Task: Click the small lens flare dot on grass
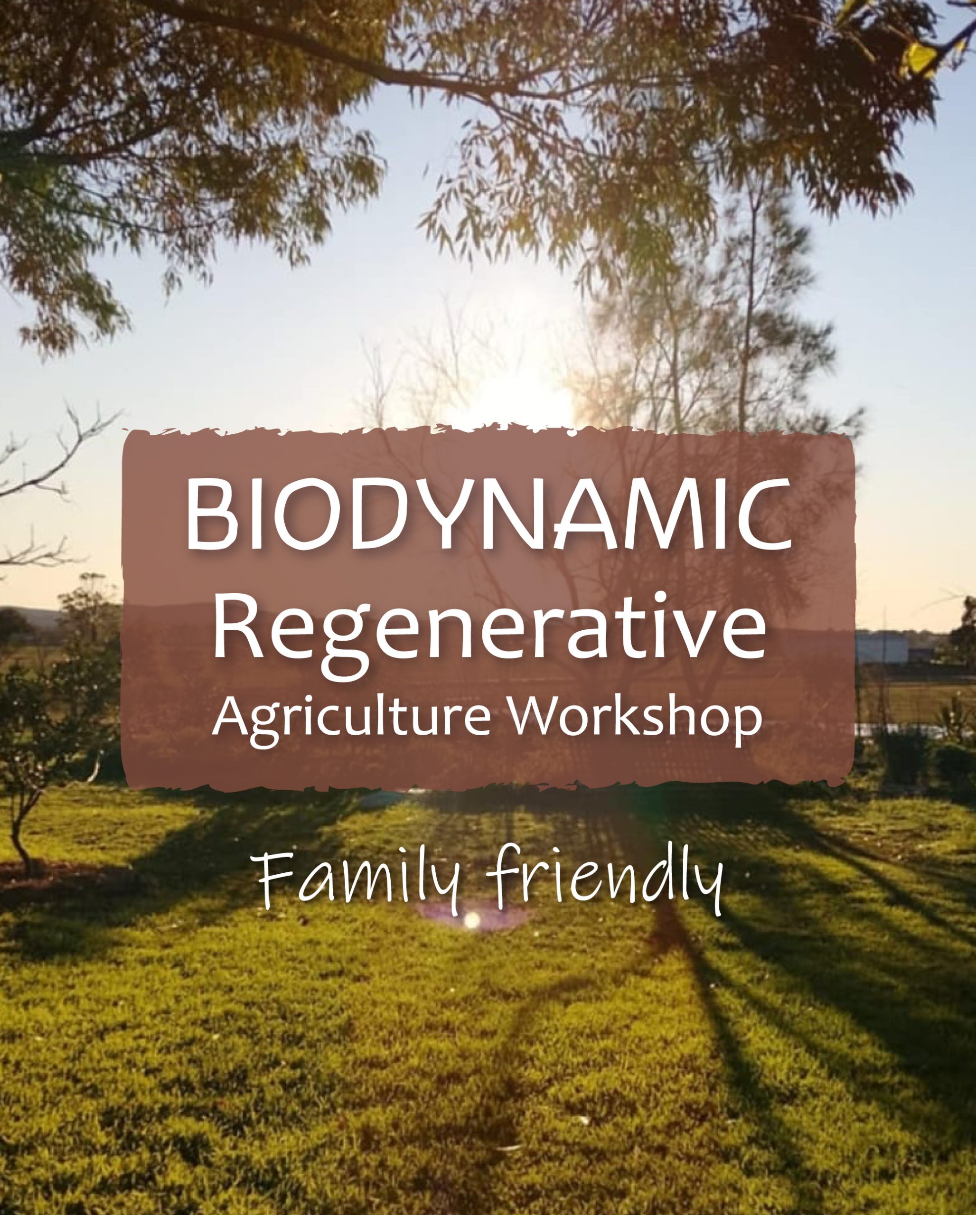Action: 472,920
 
